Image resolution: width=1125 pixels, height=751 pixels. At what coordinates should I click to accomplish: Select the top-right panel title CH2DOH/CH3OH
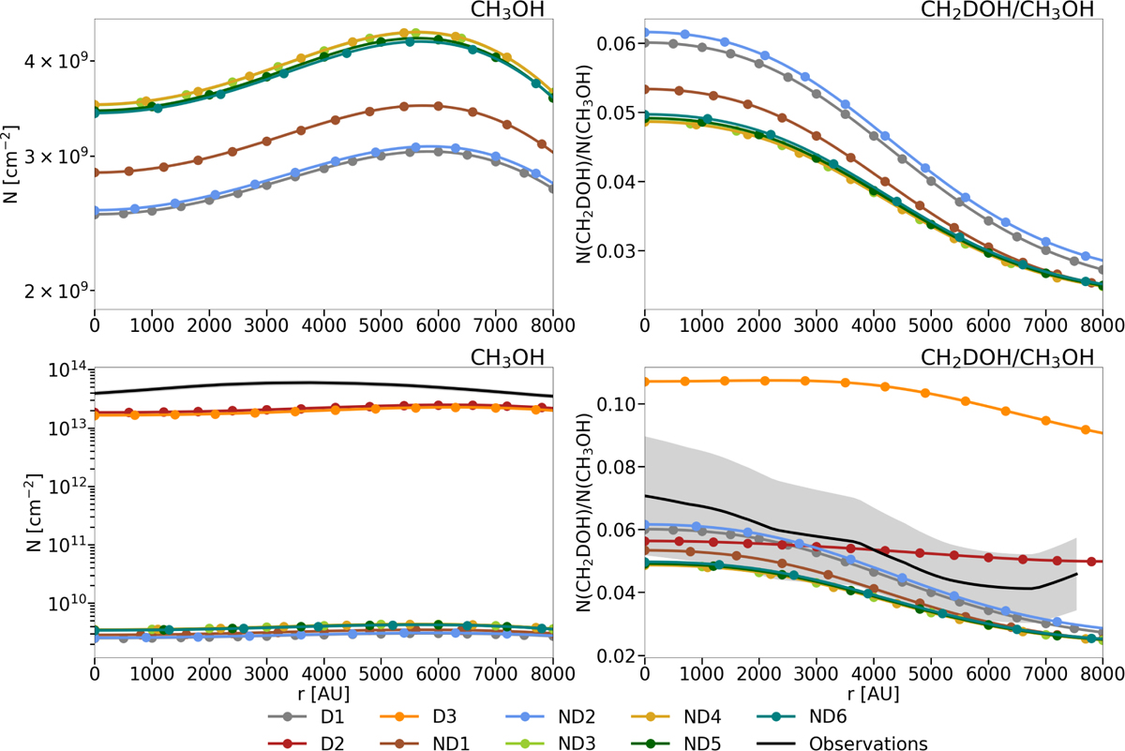[1032, 10]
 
